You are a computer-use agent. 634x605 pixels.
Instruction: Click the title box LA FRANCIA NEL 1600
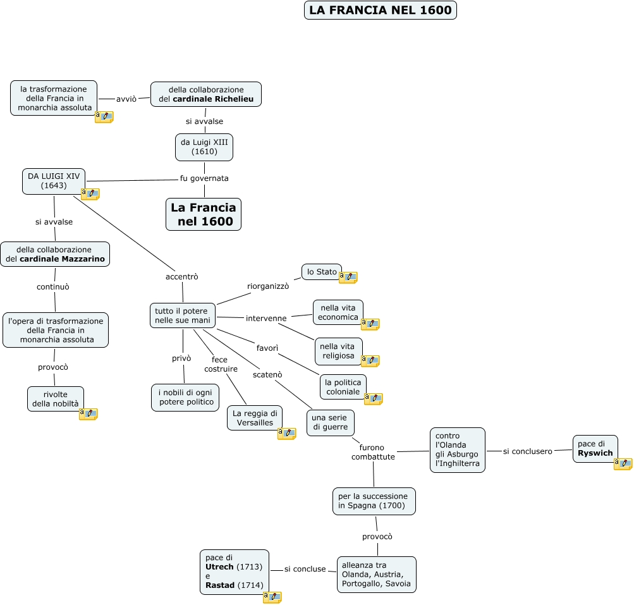pyautogui.click(x=380, y=10)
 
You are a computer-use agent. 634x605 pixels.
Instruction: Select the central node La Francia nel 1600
pyautogui.click(x=204, y=214)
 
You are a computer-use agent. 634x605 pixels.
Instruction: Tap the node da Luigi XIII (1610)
pyautogui.click(x=204, y=147)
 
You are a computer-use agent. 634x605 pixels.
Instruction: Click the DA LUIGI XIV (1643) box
pyautogui.click(x=54, y=181)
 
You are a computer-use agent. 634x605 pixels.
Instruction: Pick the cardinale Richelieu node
pyautogui.click(x=206, y=94)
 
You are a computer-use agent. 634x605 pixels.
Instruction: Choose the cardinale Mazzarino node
pyautogui.click(x=55, y=254)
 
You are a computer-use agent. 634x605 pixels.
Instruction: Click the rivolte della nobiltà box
pyautogui.click(x=56, y=399)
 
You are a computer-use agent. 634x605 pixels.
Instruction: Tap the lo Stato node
pyautogui.click(x=322, y=272)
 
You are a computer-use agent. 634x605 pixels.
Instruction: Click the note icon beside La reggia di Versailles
pyautogui.click(x=286, y=433)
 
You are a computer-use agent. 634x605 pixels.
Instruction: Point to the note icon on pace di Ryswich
pyautogui.click(x=623, y=463)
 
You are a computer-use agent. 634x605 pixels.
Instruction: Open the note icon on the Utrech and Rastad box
pyautogui.click(x=272, y=597)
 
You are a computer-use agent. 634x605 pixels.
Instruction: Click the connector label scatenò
pyautogui.click(x=267, y=374)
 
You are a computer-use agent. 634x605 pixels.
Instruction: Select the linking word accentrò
pyautogui.click(x=182, y=276)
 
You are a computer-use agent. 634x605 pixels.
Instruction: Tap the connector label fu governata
pyautogui.click(x=204, y=178)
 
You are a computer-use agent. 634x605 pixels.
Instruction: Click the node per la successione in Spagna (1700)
pyautogui.click(x=374, y=501)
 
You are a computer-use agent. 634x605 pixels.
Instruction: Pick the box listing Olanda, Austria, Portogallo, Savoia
pyautogui.click(x=377, y=574)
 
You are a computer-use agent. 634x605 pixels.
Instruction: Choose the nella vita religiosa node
pyautogui.click(x=339, y=351)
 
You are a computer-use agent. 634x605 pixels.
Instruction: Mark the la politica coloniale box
pyautogui.click(x=343, y=387)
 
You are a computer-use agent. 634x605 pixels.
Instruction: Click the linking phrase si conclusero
pyautogui.click(x=528, y=451)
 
